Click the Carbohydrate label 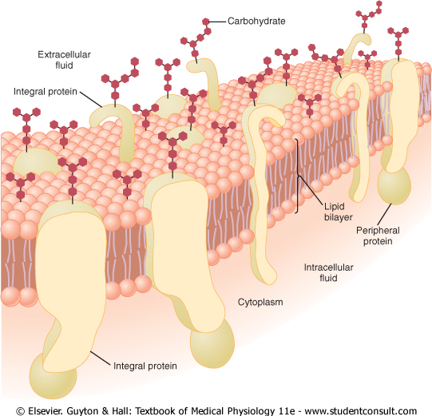(x=256, y=22)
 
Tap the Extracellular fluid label (x=64, y=60)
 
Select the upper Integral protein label (x=46, y=92)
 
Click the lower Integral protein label (x=145, y=366)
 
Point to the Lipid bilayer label (x=338, y=212)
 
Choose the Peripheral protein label (x=378, y=236)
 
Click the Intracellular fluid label (x=328, y=272)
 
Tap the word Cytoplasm (x=260, y=302)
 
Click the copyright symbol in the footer (x=20, y=411)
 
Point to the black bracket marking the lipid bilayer (x=297, y=176)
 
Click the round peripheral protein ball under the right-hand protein (x=394, y=186)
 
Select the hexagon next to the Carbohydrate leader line (x=205, y=22)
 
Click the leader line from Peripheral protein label (x=385, y=214)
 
